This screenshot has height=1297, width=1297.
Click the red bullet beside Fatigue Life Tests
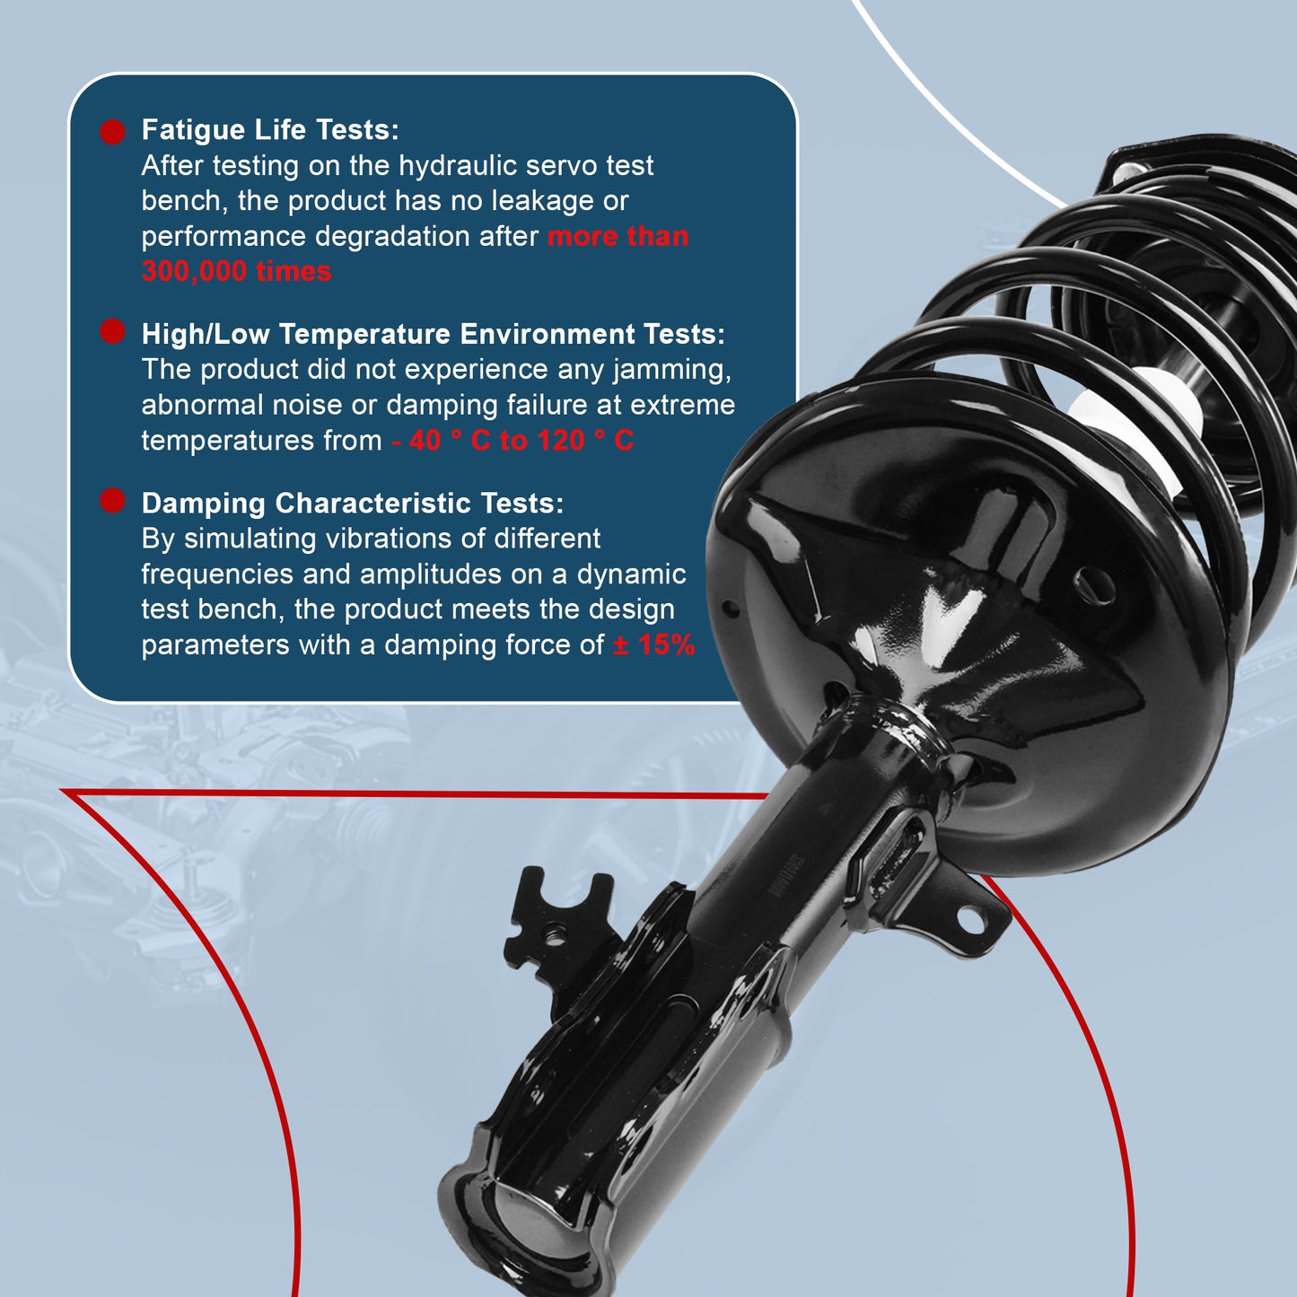tap(112, 132)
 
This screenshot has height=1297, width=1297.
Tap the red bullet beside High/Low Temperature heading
tap(112, 331)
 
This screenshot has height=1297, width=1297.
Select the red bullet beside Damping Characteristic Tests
tap(112, 501)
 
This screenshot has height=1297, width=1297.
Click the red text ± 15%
tap(653, 644)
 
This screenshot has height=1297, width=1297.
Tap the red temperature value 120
tap(560, 441)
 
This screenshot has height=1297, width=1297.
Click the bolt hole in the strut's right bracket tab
tap(970, 917)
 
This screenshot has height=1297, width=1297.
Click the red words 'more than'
tap(618, 237)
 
